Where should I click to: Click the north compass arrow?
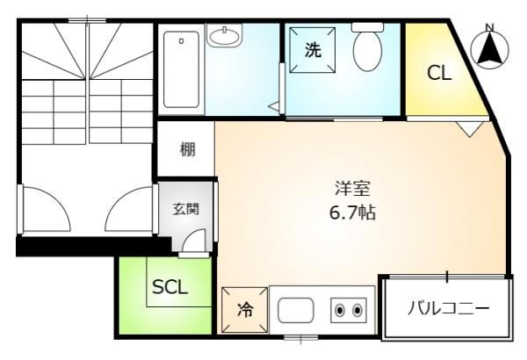(x=490, y=50)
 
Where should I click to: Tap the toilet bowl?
(x=367, y=51)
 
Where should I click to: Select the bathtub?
(x=181, y=69)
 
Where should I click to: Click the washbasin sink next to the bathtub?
(x=224, y=35)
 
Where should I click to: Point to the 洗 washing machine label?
(x=313, y=50)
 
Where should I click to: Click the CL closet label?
(x=439, y=73)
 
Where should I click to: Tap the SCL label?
(x=170, y=287)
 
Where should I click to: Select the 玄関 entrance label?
(x=186, y=209)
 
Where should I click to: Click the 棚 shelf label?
(x=188, y=149)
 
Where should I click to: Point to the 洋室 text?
(x=352, y=189)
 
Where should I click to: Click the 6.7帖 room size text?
(x=352, y=212)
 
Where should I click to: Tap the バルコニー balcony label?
(x=449, y=308)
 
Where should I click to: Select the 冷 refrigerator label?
(x=245, y=310)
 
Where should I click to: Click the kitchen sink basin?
(x=296, y=310)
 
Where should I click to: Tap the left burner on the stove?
(x=340, y=310)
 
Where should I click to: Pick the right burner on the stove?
(x=357, y=310)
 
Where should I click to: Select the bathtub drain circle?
(x=182, y=41)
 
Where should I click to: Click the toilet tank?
(x=367, y=27)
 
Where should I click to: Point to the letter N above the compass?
(x=490, y=27)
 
